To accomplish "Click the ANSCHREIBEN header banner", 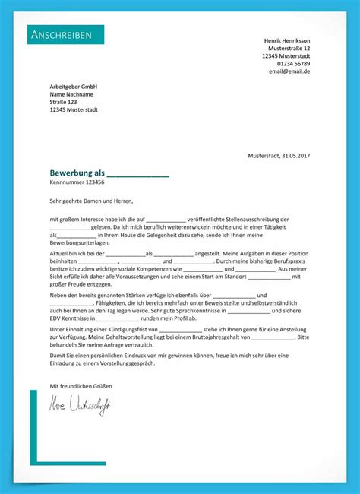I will tap(65, 35).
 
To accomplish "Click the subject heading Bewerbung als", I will tap(77, 173).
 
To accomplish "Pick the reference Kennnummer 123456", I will tap(77, 183).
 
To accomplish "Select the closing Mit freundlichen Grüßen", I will tap(81, 386).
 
